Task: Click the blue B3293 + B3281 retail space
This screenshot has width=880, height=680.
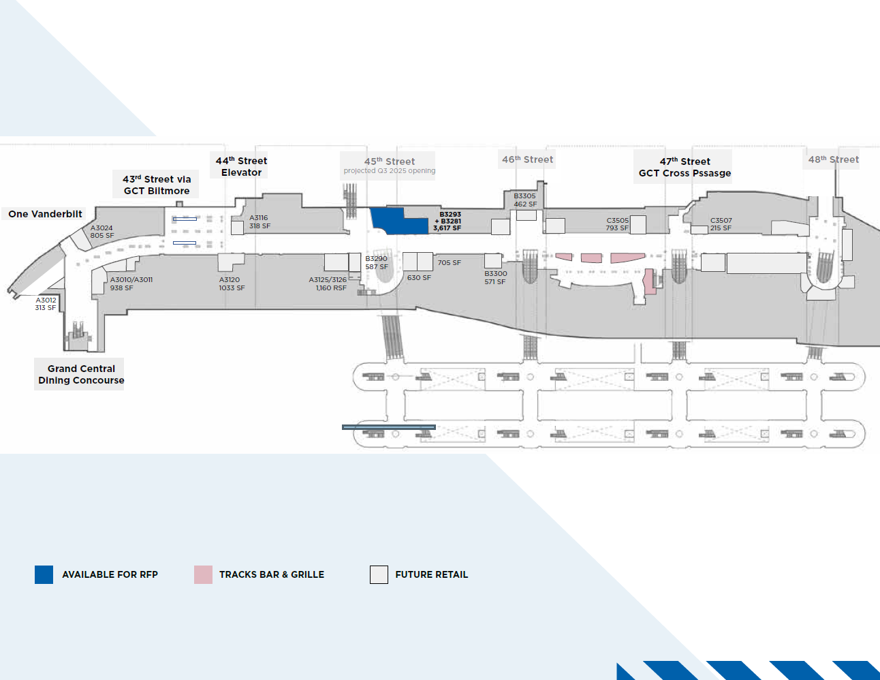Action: click(x=399, y=221)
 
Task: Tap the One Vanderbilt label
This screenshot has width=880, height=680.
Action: click(x=45, y=214)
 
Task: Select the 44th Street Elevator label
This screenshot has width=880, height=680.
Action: click(x=241, y=166)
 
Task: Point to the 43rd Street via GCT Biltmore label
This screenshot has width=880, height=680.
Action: click(x=157, y=185)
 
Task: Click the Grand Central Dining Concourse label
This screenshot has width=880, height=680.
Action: click(x=81, y=374)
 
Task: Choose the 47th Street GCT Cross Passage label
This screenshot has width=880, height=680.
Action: click(x=685, y=167)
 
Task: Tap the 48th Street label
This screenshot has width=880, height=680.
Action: click(x=834, y=159)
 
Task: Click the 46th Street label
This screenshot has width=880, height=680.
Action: click(x=527, y=159)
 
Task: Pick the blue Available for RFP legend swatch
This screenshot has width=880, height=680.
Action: click(x=44, y=574)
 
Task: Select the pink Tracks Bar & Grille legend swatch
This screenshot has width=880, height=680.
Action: click(x=203, y=574)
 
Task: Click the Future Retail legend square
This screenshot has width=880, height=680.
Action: click(x=379, y=574)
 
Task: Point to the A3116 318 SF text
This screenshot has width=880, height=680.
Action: click(x=260, y=222)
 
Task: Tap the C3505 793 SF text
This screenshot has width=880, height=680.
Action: click(x=617, y=224)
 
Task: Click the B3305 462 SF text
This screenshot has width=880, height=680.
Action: click(x=525, y=200)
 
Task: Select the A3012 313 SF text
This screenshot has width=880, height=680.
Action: click(x=46, y=304)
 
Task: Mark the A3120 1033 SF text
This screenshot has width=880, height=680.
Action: click(x=232, y=284)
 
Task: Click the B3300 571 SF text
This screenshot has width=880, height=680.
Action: click(x=496, y=278)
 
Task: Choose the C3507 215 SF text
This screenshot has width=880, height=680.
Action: click(x=721, y=224)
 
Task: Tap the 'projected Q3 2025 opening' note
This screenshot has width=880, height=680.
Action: click(x=390, y=171)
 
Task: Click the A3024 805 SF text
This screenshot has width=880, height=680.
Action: click(x=102, y=232)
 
